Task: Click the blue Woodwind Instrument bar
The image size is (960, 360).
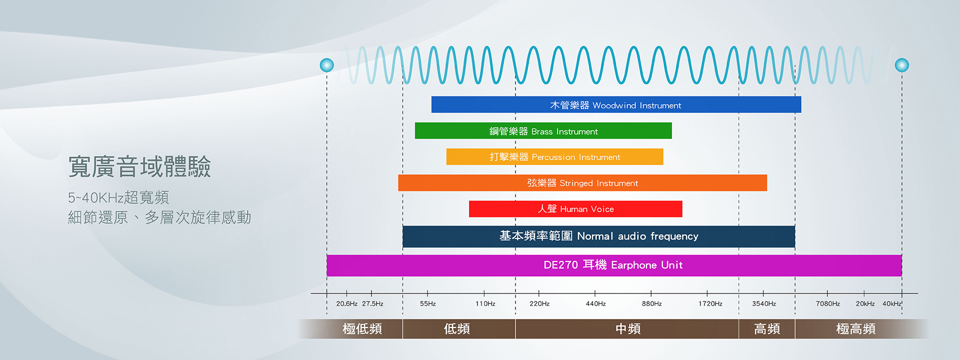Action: point(616,104)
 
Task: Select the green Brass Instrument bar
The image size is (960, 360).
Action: point(543,130)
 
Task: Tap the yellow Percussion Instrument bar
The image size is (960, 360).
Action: point(554,156)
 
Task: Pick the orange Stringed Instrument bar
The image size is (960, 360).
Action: point(582,182)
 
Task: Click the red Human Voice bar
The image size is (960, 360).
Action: point(575,208)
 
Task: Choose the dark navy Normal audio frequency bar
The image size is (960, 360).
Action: point(598,236)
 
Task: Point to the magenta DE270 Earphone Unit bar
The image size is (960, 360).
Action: point(614,265)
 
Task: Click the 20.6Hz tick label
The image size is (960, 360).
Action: point(346,303)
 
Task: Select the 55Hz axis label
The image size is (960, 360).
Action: point(428,303)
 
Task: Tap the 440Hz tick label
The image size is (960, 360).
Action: point(595,303)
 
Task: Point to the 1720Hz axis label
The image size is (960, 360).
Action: point(710,303)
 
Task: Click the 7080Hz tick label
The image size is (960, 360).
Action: point(827,303)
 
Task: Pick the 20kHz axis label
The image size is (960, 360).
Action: point(865,303)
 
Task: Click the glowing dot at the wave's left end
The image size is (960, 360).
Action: point(326,65)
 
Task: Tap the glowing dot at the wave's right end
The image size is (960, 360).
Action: point(901,65)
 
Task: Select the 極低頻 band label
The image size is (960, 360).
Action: point(362,328)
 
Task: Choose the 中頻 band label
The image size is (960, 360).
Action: point(627,328)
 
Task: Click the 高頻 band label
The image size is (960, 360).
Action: point(766,328)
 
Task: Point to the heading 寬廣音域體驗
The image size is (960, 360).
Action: point(139,166)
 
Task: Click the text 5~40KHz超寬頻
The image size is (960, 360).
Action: point(118,197)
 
